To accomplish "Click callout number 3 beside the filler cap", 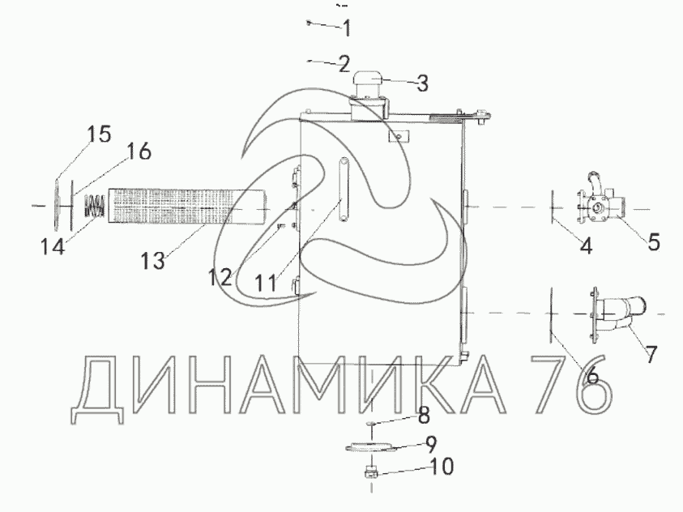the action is pyautogui.click(x=422, y=83).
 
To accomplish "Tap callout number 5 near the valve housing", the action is pyautogui.click(x=653, y=242).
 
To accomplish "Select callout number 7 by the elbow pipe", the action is pyautogui.click(x=651, y=354).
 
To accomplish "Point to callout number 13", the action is pyautogui.click(x=153, y=261).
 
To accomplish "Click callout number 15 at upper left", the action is pyautogui.click(x=100, y=134).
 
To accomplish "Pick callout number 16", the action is pyautogui.click(x=139, y=151).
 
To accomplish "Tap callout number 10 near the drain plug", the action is pyautogui.click(x=442, y=467).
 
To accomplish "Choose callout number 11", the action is pyautogui.click(x=265, y=284).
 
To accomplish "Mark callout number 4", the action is pyautogui.click(x=587, y=246).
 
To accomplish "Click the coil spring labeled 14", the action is pyautogui.click(x=95, y=206).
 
